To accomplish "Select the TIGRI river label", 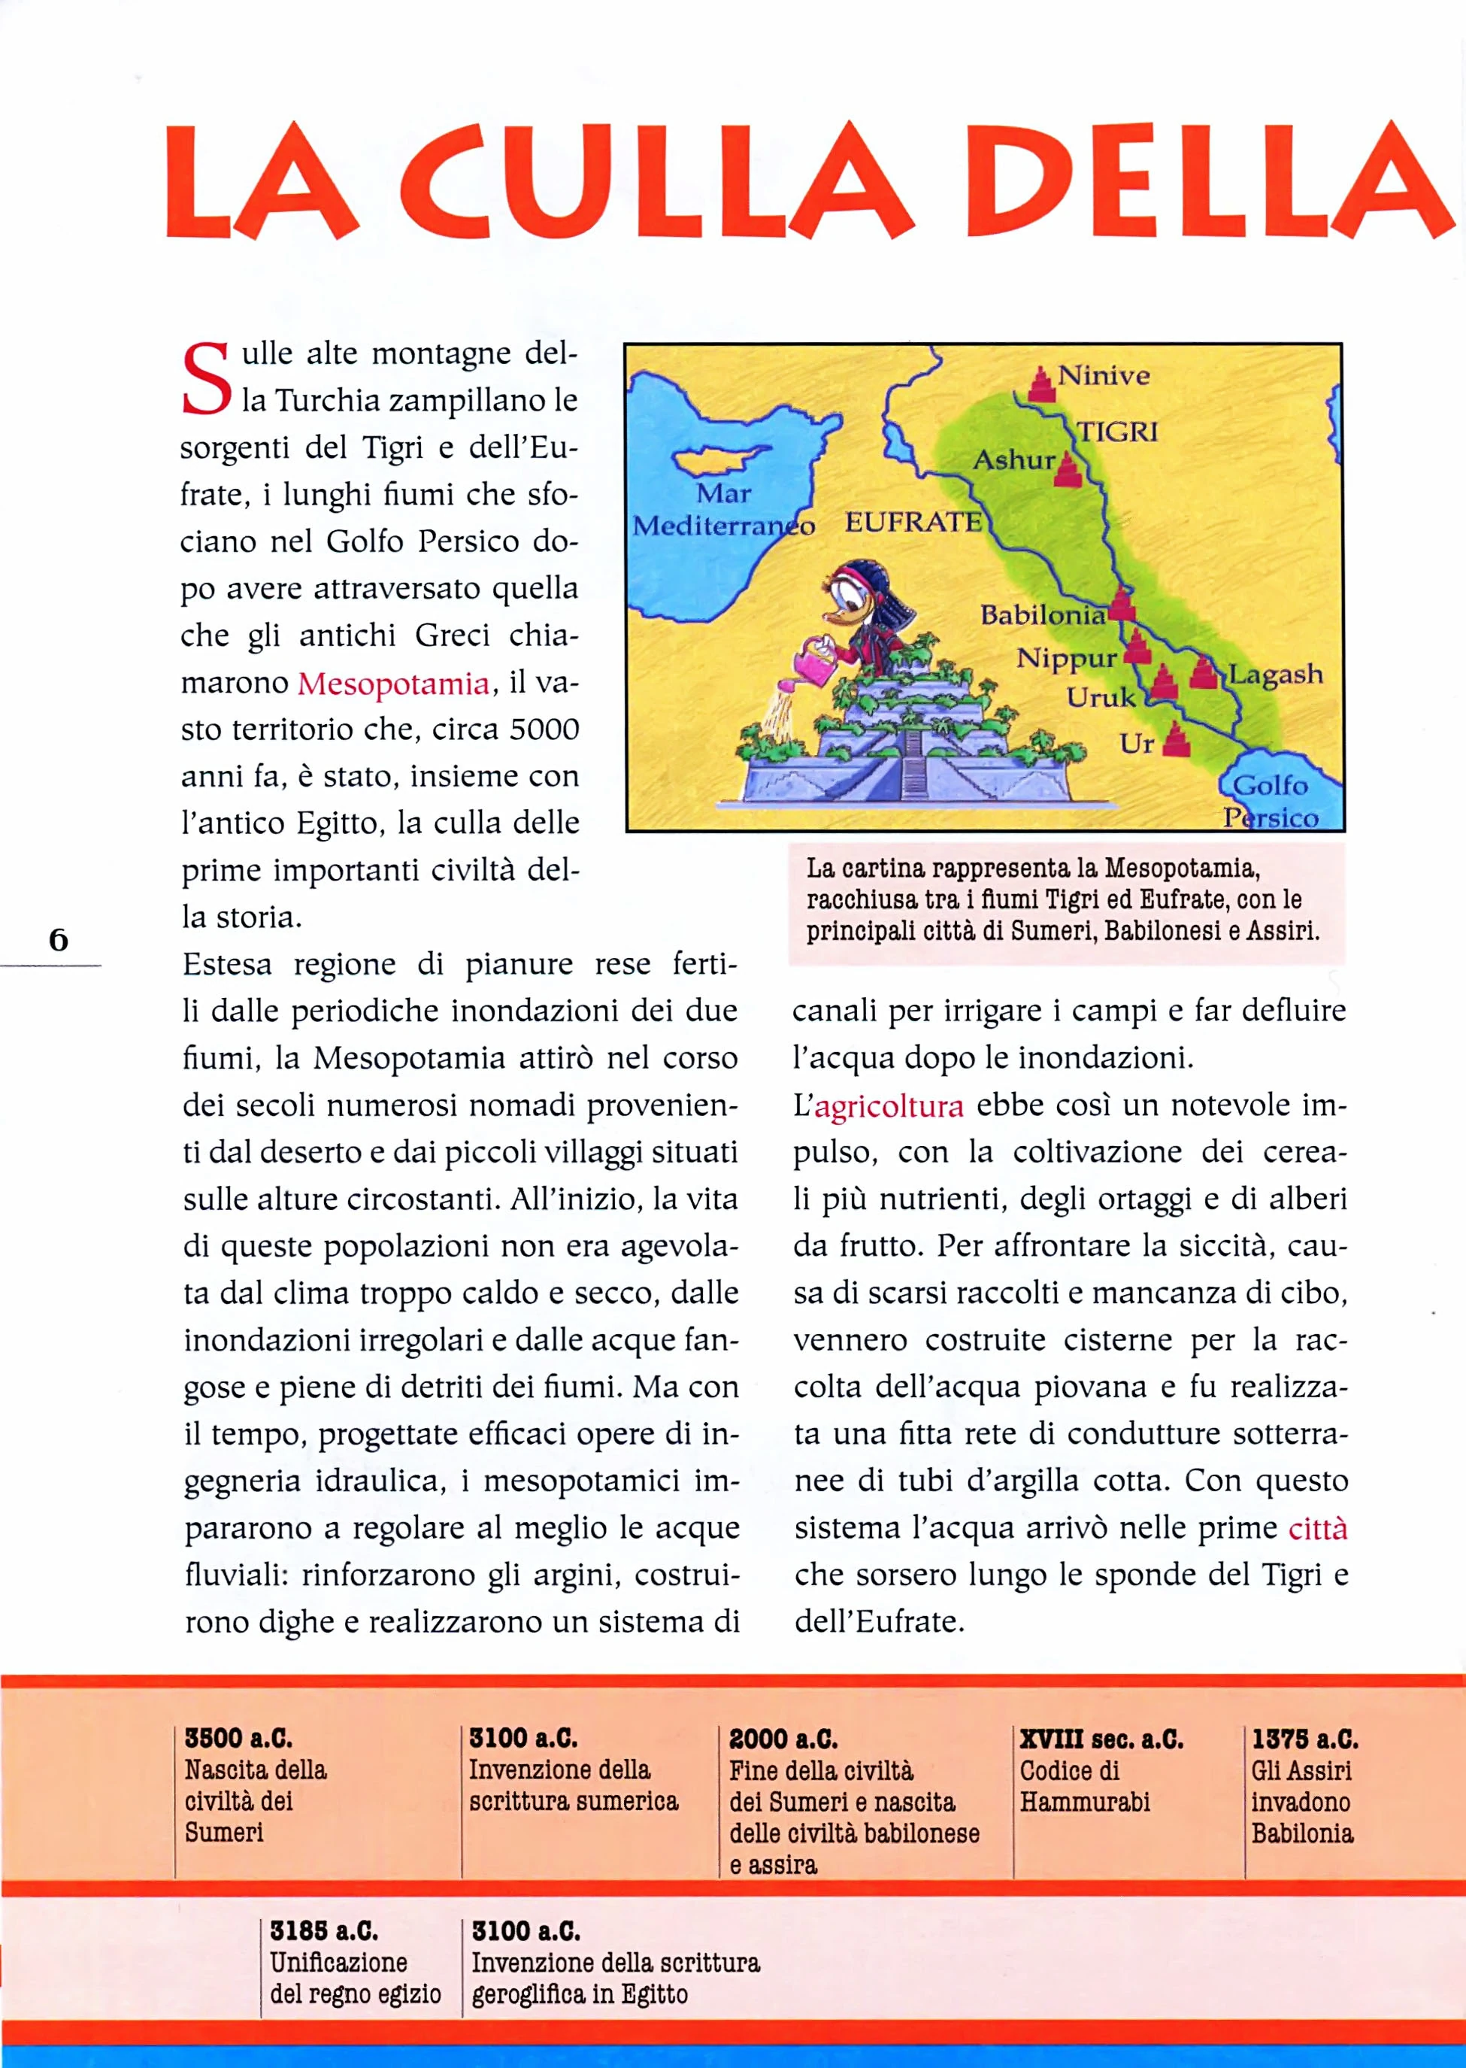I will click(1118, 432).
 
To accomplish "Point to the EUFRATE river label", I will click(913, 522).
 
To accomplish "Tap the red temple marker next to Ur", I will click(1177, 740).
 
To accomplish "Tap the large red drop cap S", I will click(206, 379).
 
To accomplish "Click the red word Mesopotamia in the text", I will click(394, 684).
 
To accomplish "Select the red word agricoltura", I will click(889, 1106).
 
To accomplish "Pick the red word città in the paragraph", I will click(1317, 1529).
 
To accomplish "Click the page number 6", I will click(59, 940).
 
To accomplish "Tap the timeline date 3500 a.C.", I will click(238, 1739).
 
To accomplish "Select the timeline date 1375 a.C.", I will click(1304, 1739).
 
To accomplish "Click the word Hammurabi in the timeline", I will click(1085, 1802).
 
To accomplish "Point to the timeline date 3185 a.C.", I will click(323, 1930).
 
